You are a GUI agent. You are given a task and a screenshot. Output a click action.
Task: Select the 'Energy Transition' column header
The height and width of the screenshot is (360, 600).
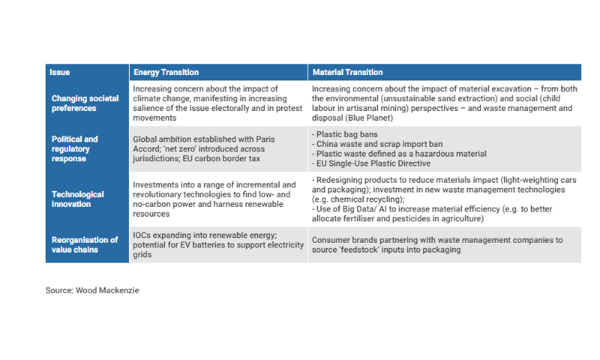[166, 73]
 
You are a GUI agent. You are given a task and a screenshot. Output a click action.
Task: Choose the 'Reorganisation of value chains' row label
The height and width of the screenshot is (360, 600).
[84, 244]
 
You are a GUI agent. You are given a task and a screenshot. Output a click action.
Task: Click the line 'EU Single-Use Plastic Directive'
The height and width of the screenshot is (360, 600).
[371, 163]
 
